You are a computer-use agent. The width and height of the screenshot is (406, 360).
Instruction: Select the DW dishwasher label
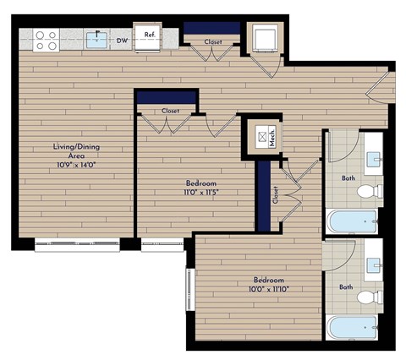click(x=123, y=39)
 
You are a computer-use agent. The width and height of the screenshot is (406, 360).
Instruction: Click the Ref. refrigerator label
click(x=150, y=35)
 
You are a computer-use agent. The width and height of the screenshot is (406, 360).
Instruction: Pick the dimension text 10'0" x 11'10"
click(x=267, y=289)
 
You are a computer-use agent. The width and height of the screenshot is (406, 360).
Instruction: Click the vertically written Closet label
click(x=275, y=195)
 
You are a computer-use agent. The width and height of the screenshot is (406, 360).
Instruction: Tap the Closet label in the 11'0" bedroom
click(x=170, y=111)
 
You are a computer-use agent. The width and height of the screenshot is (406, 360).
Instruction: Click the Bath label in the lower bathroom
click(x=345, y=286)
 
